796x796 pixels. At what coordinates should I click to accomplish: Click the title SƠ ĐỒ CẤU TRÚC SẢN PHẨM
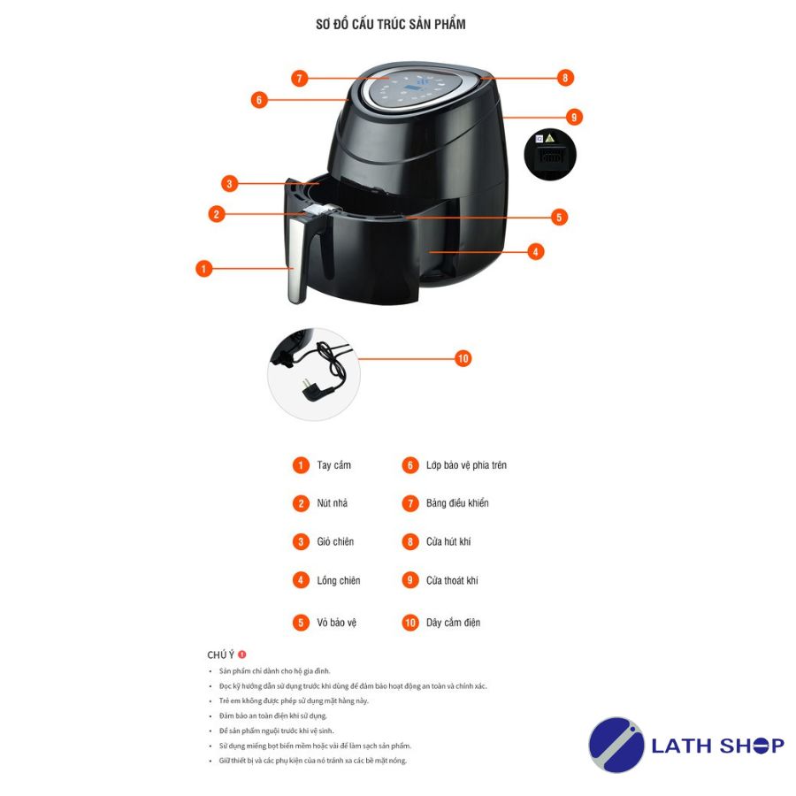[x=390, y=24]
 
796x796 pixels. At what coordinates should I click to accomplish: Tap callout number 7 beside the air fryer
[x=300, y=78]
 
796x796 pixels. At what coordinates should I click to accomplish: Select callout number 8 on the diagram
[x=565, y=78]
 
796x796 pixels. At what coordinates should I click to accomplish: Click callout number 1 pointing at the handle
[x=203, y=269]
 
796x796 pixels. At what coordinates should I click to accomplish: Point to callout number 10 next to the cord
[x=463, y=358]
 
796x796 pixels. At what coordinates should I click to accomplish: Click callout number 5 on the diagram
[x=559, y=218]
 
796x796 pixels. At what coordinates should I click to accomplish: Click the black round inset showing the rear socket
[x=550, y=154]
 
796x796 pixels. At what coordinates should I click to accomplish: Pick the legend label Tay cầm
[x=333, y=465]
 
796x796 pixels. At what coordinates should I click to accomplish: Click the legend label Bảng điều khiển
[x=457, y=503]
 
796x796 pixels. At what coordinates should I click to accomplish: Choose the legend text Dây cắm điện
[x=453, y=623]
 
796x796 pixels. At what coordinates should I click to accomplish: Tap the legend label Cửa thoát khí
[x=452, y=579]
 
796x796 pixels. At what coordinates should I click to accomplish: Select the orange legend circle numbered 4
[x=301, y=579]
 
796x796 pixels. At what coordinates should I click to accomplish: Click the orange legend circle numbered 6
[x=410, y=465]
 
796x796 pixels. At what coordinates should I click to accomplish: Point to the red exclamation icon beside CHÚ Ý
[x=242, y=654]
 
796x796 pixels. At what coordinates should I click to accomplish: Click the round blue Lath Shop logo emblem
[x=616, y=744]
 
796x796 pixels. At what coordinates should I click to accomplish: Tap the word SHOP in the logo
[x=752, y=746]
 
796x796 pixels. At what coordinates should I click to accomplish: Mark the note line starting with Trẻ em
[x=294, y=700]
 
